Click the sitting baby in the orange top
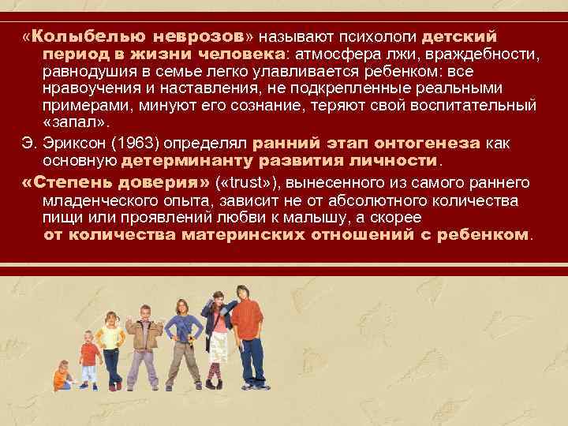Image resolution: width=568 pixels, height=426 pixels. [62, 376]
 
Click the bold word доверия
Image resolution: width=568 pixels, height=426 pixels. [168, 183]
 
